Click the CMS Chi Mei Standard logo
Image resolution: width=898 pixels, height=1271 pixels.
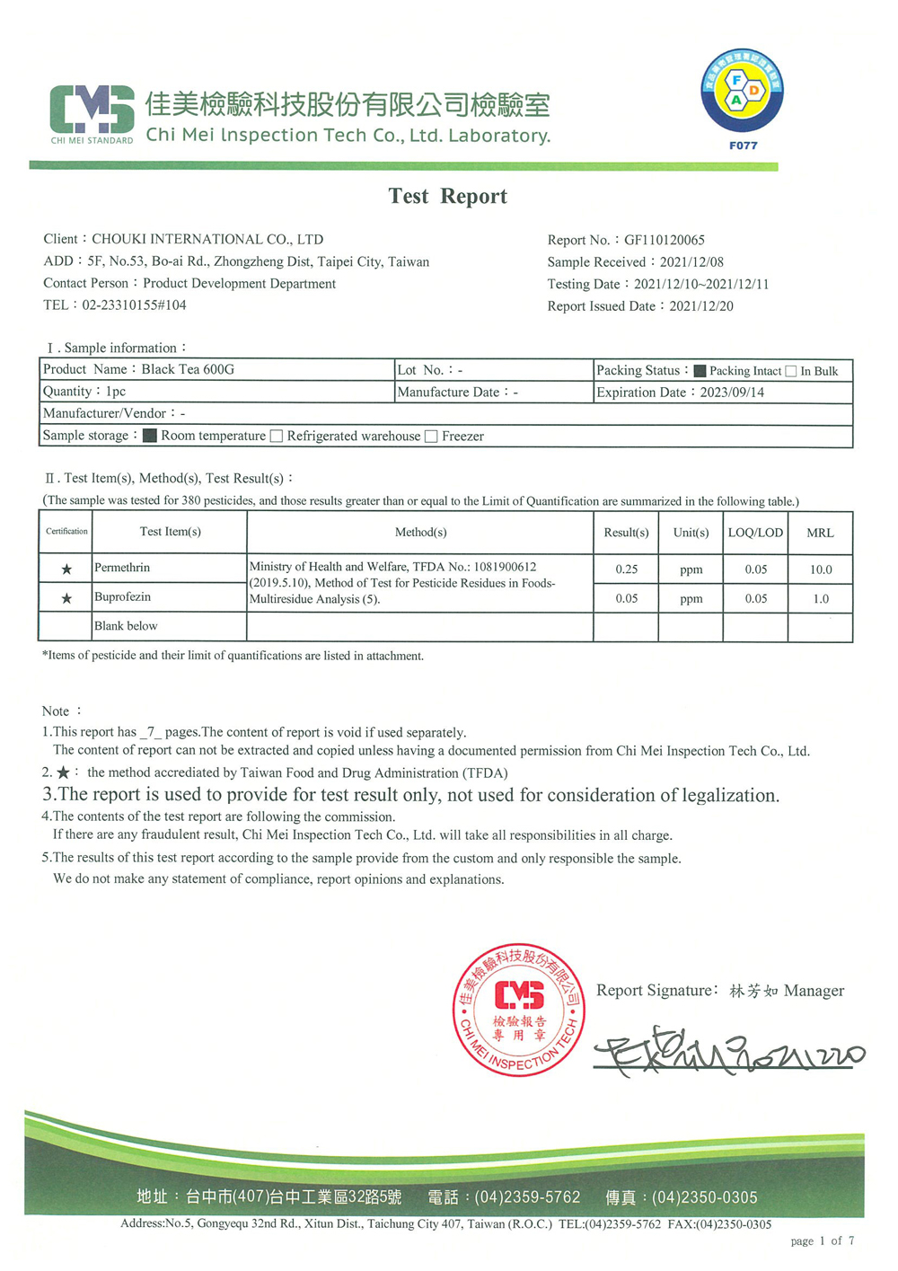[92, 114]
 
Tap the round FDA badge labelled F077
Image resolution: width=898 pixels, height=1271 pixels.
[742, 93]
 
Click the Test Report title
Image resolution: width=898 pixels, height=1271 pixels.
[447, 196]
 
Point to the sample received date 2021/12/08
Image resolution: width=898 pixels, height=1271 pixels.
[691, 262]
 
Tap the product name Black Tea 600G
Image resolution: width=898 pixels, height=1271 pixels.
[188, 369]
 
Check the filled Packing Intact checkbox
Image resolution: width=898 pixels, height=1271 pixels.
[700, 371]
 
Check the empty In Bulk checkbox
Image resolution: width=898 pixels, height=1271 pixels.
[791, 371]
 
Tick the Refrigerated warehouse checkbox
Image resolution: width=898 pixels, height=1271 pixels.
[277, 436]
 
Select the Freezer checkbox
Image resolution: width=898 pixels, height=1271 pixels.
[431, 436]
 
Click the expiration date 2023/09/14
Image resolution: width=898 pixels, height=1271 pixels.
[732, 393]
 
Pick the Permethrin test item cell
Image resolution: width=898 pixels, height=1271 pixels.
[122, 568]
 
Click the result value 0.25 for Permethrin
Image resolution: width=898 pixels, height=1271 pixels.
[626, 569]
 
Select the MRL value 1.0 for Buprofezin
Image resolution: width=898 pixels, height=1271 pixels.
[820, 598]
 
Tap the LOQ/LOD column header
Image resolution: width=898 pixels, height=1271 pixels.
[755, 533]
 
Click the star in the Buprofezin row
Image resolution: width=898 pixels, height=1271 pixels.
[66, 598]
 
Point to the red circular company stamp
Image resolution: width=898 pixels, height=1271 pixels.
[518, 1009]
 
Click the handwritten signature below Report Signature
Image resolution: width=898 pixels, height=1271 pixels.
[727, 1053]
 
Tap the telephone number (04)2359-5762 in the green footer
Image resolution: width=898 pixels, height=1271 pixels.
[527, 1196]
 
